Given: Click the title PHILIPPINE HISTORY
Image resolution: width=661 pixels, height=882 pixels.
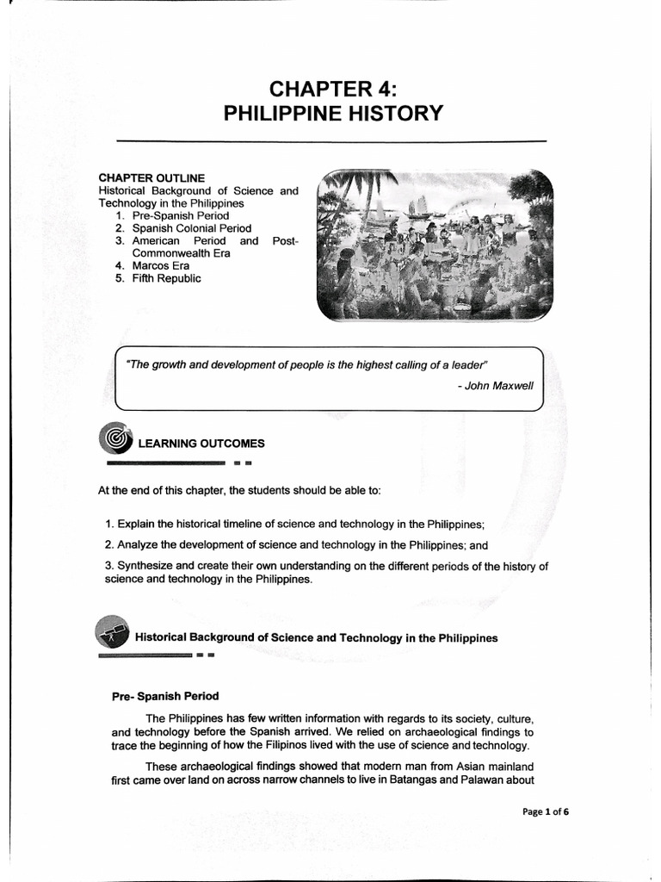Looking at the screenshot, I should (x=332, y=114).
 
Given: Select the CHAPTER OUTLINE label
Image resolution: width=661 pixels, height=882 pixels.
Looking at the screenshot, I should (x=151, y=177).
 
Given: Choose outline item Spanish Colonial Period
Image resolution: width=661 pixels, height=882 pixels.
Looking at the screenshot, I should (x=191, y=228).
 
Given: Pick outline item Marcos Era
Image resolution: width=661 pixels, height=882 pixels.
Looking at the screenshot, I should (x=160, y=266).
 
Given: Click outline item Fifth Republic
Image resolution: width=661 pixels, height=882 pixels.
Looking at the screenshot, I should (x=166, y=278).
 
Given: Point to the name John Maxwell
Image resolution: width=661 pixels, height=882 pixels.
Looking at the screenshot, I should (x=499, y=385).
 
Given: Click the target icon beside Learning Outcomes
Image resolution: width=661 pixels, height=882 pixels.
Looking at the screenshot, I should (x=114, y=440).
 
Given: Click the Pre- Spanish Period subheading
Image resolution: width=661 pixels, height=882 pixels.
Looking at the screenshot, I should (x=165, y=696).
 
